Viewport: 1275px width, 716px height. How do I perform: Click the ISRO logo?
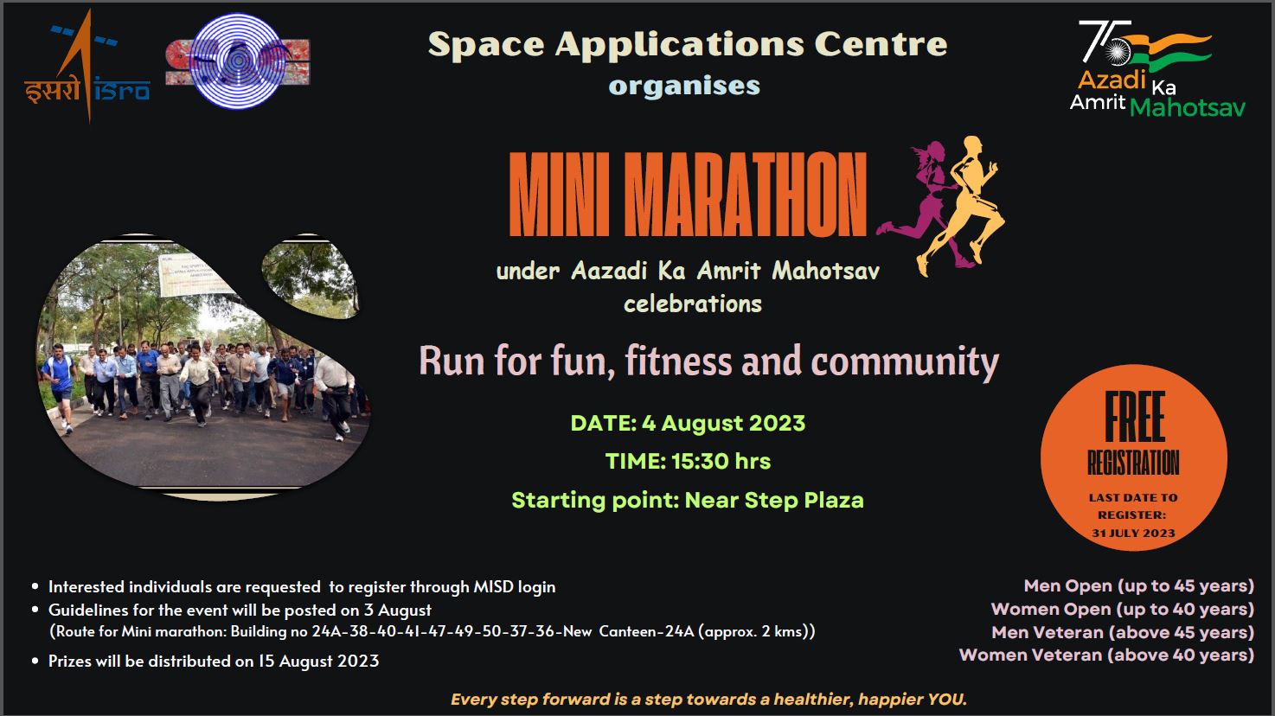click(87, 66)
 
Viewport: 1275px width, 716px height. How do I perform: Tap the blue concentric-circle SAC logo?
click(238, 61)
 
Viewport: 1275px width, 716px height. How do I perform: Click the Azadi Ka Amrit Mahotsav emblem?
click(1156, 68)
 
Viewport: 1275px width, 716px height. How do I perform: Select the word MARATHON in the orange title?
click(745, 194)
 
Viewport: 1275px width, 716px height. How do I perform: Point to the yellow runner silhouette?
click(962, 206)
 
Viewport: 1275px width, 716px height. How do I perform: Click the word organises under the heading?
click(684, 86)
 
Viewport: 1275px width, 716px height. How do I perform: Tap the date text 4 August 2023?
click(723, 423)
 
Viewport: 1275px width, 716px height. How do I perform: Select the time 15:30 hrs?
click(721, 461)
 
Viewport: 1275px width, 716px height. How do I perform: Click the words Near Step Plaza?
click(774, 501)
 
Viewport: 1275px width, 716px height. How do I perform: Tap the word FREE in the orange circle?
click(1134, 417)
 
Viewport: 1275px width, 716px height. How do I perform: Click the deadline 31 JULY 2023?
click(1133, 534)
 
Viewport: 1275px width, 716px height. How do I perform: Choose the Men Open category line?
click(1139, 585)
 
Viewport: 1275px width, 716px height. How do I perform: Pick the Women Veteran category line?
click(1106, 655)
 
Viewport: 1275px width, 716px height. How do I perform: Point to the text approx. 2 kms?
click(754, 631)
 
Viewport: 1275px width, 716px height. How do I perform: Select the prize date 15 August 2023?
click(318, 661)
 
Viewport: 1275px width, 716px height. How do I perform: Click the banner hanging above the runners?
click(196, 276)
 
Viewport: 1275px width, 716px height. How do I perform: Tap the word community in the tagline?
click(905, 362)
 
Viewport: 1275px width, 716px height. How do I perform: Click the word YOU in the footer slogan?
click(946, 699)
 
